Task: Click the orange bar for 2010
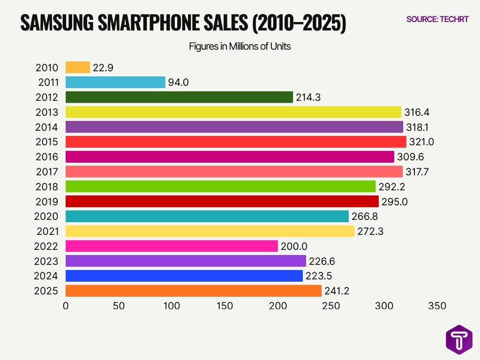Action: point(77,67)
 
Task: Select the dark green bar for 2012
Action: point(179,97)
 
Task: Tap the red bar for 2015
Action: point(236,142)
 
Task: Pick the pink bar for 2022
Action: point(172,246)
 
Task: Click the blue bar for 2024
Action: point(184,276)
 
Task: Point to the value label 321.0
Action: point(421,142)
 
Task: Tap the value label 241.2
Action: point(336,291)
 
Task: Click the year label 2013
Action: point(47,112)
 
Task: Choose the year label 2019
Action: point(47,202)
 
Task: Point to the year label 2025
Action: point(47,291)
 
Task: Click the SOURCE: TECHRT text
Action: point(437,19)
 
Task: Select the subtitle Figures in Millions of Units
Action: point(240,47)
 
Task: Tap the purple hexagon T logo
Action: point(458,340)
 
